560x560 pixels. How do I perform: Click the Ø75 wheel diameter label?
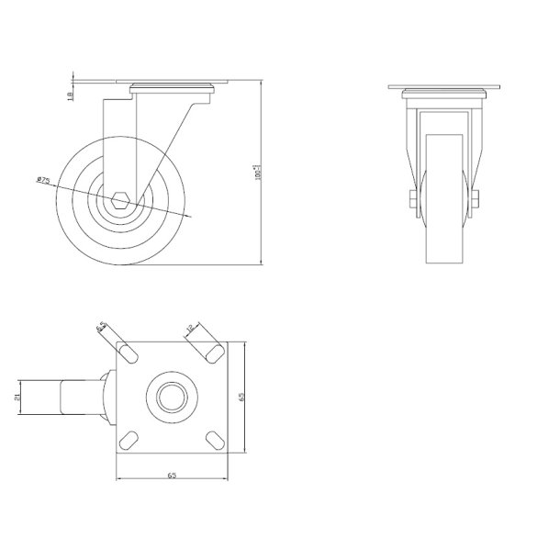coord(43,180)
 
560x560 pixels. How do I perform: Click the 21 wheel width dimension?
coord(17,397)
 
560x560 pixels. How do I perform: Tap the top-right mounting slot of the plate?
coord(213,353)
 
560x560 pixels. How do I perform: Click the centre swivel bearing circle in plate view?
coord(172,397)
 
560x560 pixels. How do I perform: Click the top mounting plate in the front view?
coord(445,89)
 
